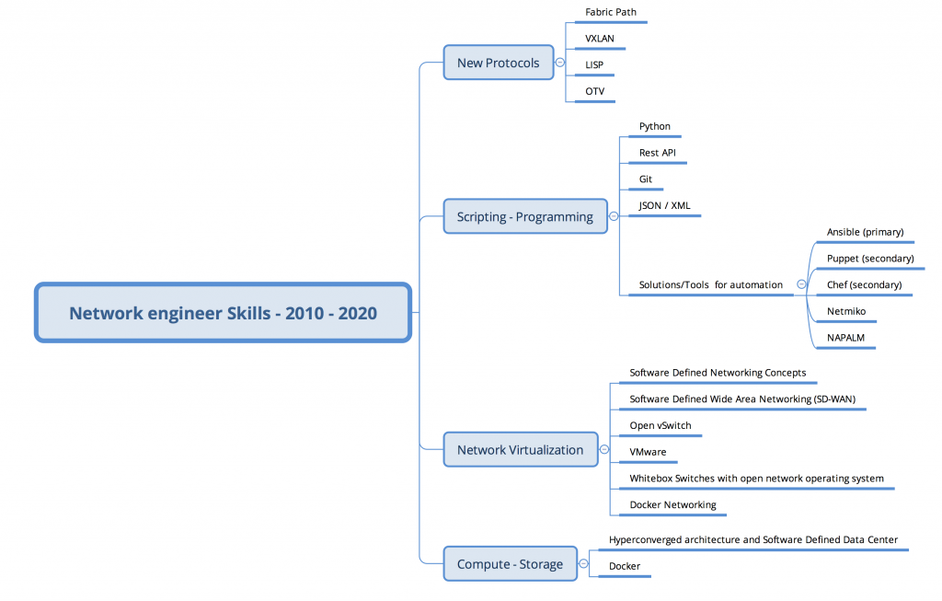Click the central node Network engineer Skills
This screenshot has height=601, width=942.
pos(223,313)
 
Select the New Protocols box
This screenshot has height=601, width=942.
pos(499,63)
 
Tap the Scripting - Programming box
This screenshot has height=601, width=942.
pos(525,216)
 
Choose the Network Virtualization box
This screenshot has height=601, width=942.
pos(521,449)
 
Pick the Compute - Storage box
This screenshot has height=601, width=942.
pos(510,564)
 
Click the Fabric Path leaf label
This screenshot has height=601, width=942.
pos(611,12)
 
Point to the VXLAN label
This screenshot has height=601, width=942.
pos(600,39)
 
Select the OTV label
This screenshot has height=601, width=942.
pos(595,91)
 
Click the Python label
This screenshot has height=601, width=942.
pos(655,126)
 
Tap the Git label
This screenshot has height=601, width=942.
pos(646,179)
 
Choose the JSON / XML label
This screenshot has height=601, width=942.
pos(664,205)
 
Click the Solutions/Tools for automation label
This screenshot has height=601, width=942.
pos(711,285)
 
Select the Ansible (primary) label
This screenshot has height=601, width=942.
pos(865,232)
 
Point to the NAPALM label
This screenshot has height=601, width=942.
pos(846,338)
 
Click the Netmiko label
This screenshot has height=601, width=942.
pos(846,311)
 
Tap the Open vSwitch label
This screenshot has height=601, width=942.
pos(661,425)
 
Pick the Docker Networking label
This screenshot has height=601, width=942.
pos(672,505)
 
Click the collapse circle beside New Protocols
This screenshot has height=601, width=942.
pos(560,63)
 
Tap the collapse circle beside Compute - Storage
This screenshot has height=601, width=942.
pos(583,564)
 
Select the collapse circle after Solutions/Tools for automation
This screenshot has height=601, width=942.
pos(801,284)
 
